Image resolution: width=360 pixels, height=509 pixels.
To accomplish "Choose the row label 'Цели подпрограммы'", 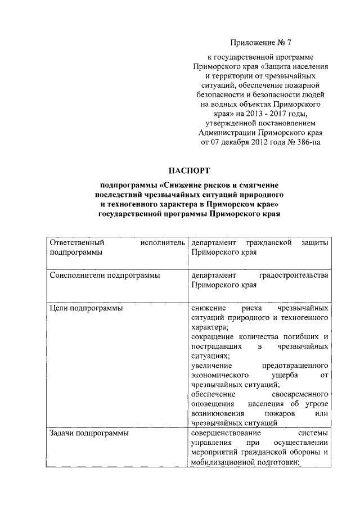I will click(87, 309).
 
